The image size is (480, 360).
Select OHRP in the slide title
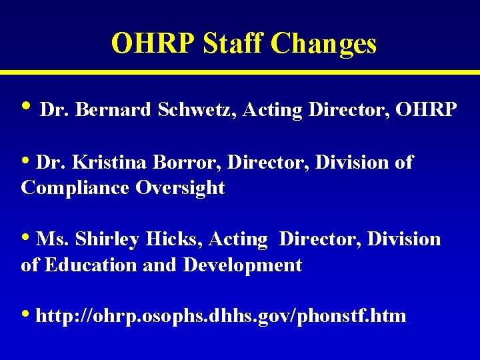(154, 44)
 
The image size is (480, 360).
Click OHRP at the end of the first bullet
(427, 110)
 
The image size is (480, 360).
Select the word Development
(243, 265)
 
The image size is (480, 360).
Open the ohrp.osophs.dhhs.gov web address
(221, 315)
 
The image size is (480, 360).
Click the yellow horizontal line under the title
(240, 71)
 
